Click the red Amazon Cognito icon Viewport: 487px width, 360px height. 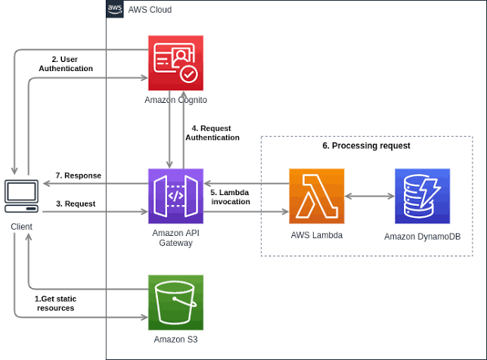point(175,63)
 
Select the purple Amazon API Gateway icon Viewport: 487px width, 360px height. point(175,195)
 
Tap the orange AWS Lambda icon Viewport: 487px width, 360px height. point(316,196)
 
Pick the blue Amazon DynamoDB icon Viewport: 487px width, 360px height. point(422,196)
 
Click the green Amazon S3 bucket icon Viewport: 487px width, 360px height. point(175,303)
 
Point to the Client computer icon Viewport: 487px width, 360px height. point(21,197)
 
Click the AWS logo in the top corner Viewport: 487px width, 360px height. point(115,9)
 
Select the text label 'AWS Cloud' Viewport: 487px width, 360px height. point(150,10)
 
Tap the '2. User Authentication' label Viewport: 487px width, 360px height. point(66,64)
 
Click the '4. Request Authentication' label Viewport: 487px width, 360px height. point(212,133)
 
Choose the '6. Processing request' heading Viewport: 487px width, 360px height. point(366,146)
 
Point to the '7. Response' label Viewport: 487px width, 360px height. point(77,175)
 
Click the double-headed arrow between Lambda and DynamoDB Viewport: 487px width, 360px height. point(369,197)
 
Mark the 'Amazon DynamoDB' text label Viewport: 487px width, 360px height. point(422,237)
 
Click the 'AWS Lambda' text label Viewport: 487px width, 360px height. point(316,235)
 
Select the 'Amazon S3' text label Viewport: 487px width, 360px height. point(175,340)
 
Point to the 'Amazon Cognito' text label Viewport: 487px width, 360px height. point(175,100)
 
